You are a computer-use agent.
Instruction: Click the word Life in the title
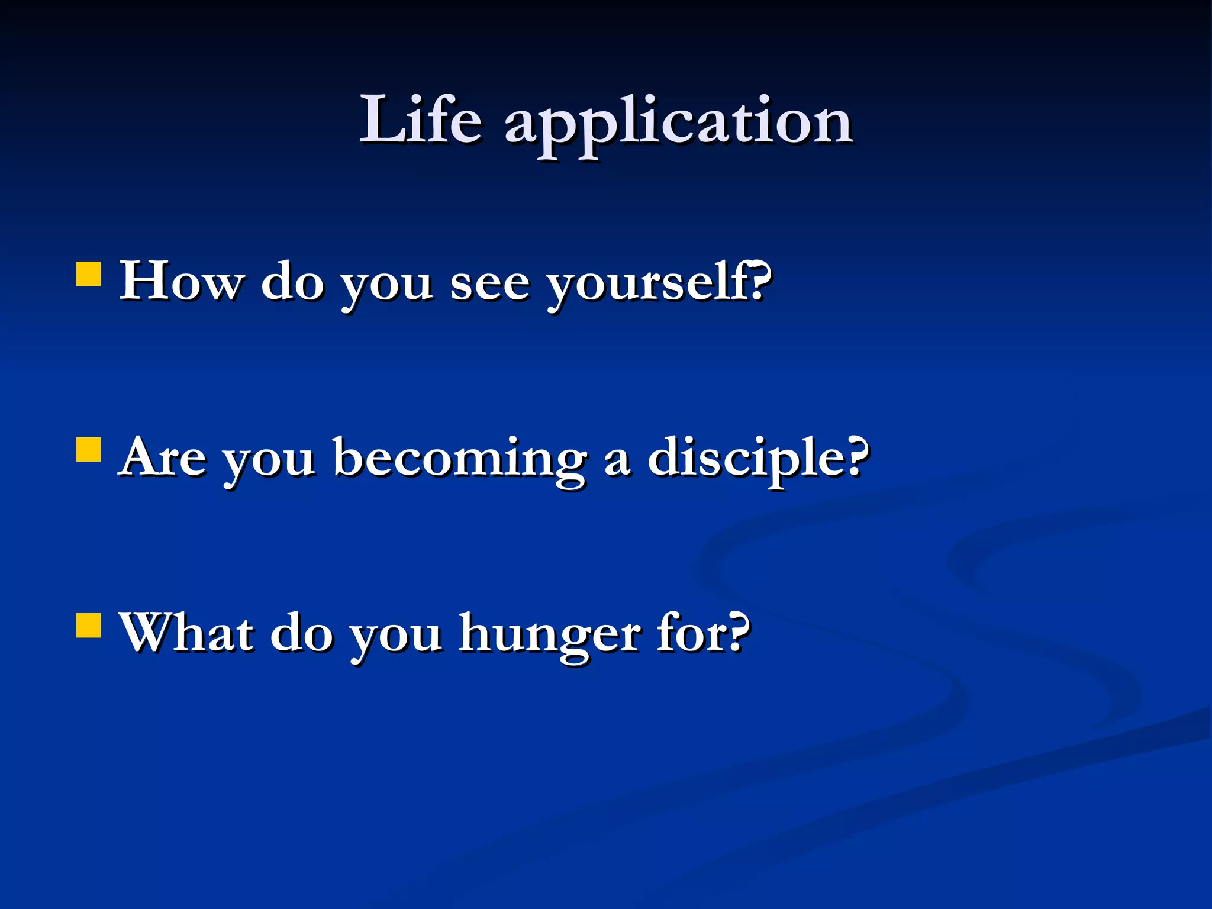click(421, 121)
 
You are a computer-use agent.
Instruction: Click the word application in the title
click(678, 124)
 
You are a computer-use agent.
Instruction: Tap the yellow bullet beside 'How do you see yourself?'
click(89, 275)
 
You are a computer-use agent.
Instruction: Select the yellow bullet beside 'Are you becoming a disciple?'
click(89, 449)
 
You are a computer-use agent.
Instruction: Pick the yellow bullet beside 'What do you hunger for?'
click(89, 625)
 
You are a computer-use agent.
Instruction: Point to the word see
click(489, 284)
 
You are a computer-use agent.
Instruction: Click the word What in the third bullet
click(186, 633)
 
